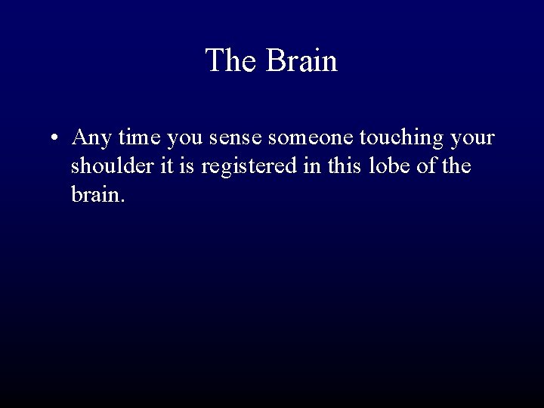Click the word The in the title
coord(231,61)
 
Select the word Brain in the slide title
coord(301,61)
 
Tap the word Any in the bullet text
coord(92,140)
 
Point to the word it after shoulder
coord(166,167)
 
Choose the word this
coord(343,167)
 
